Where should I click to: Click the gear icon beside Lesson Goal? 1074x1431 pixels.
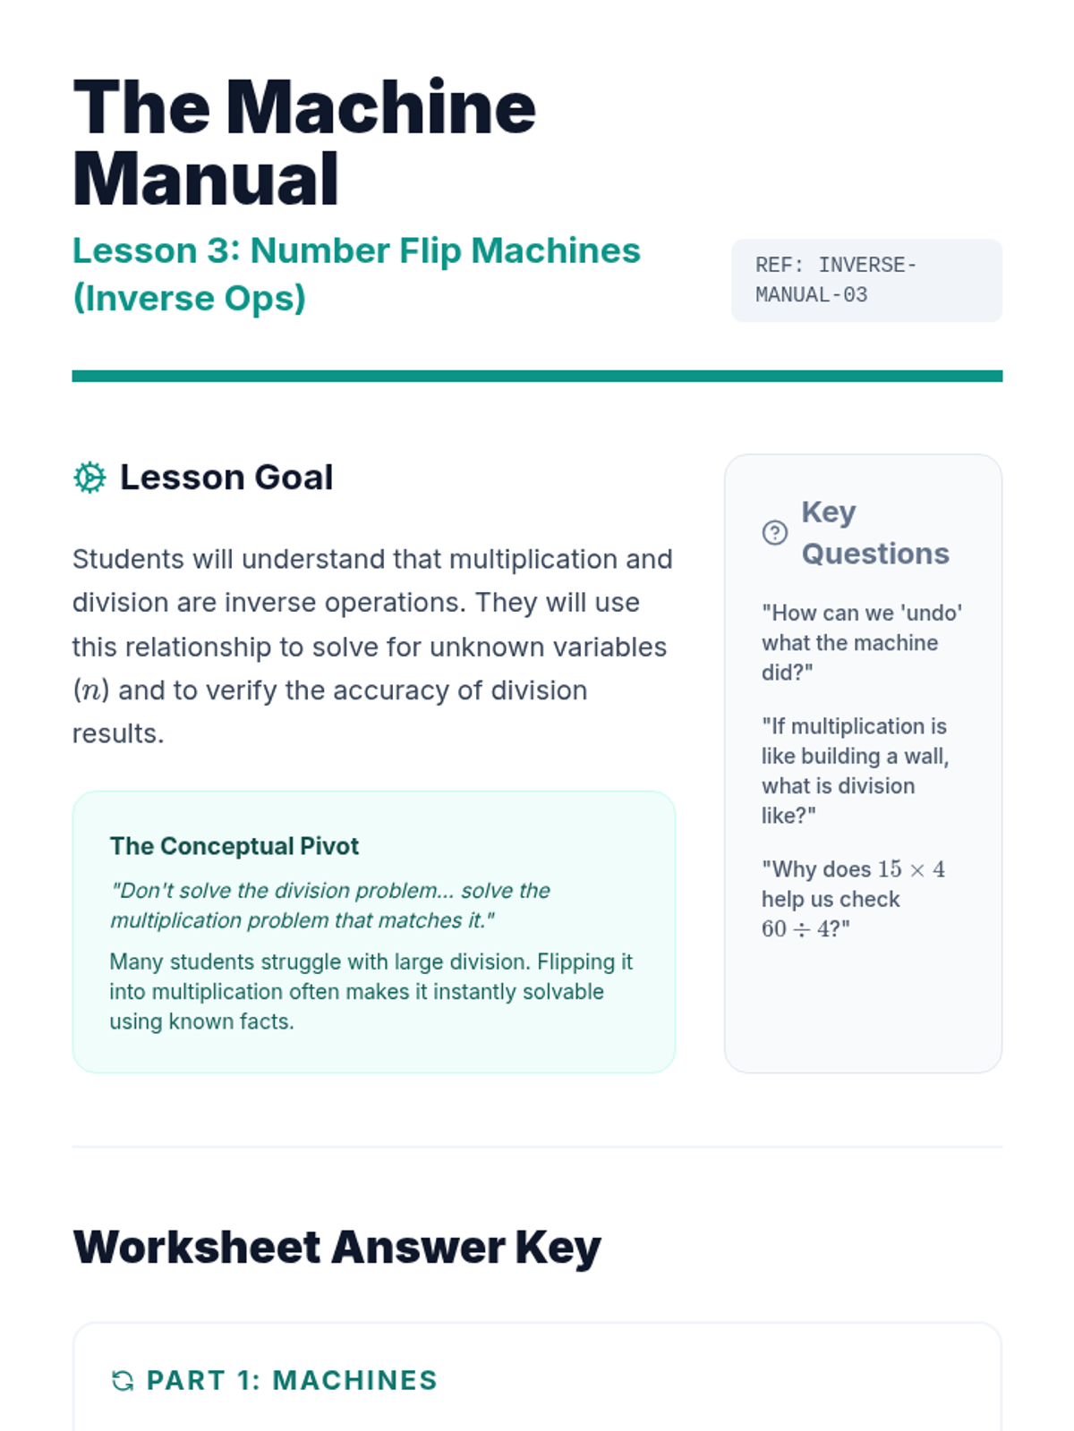[x=89, y=478]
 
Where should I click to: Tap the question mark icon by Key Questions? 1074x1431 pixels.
[x=774, y=533]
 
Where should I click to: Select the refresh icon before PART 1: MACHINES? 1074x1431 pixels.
[x=123, y=1381]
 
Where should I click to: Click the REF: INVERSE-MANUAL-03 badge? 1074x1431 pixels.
[x=866, y=280]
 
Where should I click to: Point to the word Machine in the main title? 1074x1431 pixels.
[x=380, y=108]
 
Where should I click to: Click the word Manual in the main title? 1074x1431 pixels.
[x=206, y=180]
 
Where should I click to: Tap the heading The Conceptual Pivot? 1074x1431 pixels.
[x=234, y=846]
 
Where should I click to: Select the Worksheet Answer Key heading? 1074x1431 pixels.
[x=337, y=1248]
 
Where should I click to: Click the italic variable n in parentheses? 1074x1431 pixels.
[x=90, y=691]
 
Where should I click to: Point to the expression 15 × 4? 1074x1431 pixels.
[x=911, y=869]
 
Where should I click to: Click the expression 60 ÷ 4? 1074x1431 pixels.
[x=800, y=929]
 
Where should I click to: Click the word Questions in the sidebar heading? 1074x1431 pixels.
[x=875, y=555]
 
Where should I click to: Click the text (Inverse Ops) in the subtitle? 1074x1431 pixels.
[x=189, y=299]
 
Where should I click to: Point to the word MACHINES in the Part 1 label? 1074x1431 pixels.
[x=354, y=1381]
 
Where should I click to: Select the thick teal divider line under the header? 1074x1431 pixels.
[x=537, y=377]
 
